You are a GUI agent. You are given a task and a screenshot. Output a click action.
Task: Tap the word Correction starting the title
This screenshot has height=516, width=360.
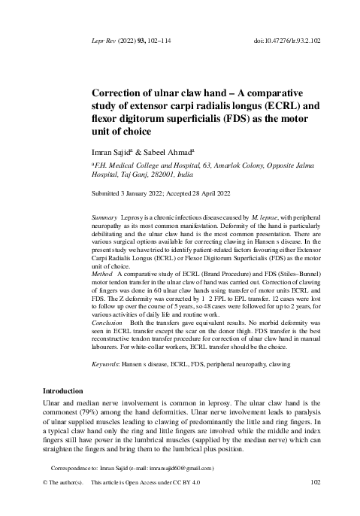click(117, 92)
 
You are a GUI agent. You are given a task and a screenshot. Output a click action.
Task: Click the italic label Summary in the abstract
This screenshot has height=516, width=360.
click(103, 216)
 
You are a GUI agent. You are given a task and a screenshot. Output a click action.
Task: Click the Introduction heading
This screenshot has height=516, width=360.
click(61, 391)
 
